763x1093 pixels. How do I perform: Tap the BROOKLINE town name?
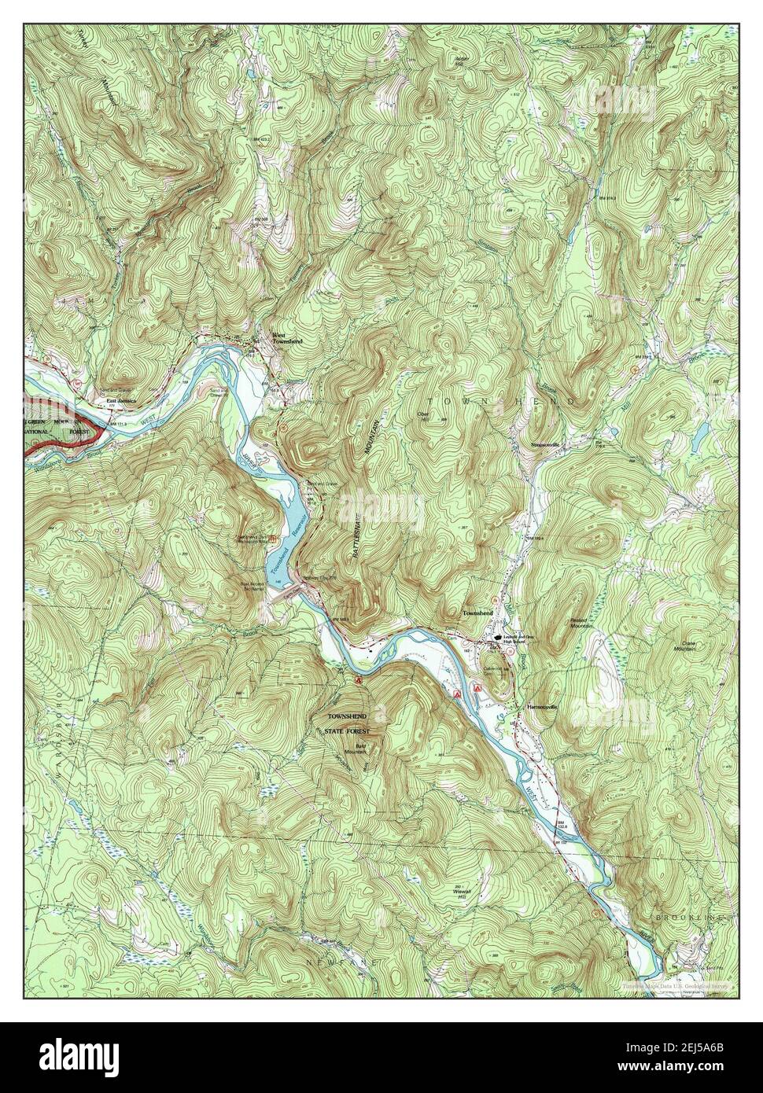[x=692, y=918]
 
